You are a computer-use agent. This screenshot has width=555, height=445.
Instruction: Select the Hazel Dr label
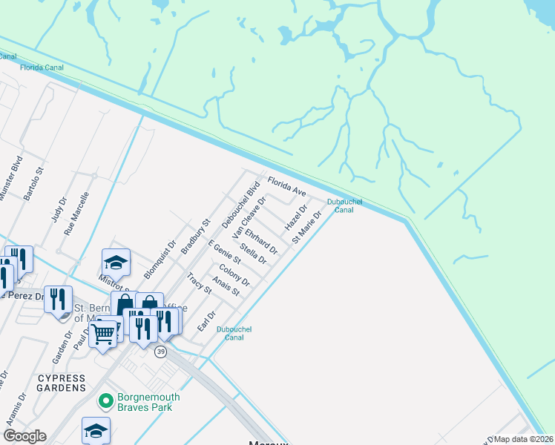coord(296,218)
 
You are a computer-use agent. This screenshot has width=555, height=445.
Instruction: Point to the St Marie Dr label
coord(306,228)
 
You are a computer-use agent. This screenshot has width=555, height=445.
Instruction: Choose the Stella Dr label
coord(253,251)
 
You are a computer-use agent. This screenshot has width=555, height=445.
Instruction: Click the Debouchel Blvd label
coord(238,204)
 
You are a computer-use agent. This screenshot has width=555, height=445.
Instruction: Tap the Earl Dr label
coord(206,321)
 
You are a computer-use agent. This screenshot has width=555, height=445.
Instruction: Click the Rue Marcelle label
coord(76,214)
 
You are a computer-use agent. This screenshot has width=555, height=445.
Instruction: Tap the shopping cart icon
coord(103,334)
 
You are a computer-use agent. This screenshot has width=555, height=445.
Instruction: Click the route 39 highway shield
coord(160,352)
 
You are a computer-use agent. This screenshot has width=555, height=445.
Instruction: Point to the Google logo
coord(24,436)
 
